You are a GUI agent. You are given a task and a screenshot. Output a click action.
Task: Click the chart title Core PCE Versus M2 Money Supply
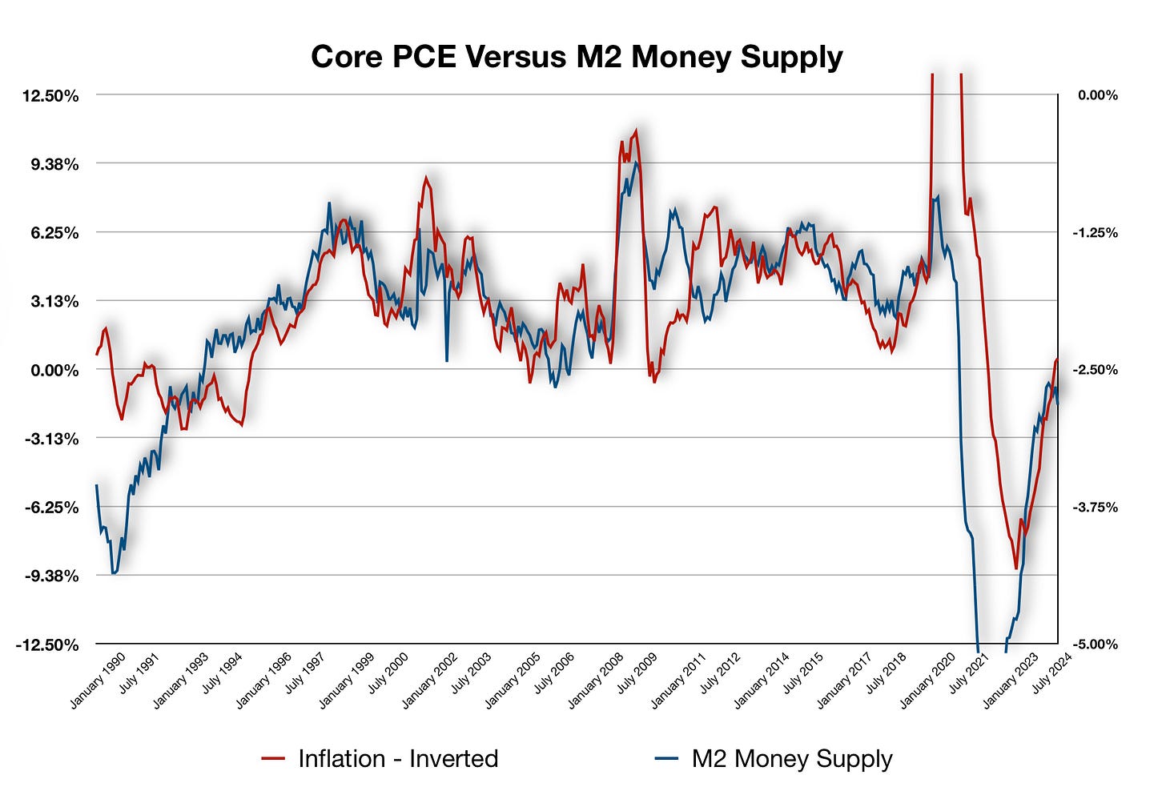tap(577, 58)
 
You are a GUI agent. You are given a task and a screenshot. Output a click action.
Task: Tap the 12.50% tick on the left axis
tap(50, 96)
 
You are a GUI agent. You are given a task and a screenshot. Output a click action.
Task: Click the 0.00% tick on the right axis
tap(1097, 95)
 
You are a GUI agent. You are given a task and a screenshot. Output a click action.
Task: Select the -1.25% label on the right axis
tap(1096, 233)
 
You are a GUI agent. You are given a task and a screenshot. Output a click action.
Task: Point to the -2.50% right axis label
tap(1096, 370)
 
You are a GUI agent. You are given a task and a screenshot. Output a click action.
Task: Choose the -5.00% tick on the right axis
tap(1096, 644)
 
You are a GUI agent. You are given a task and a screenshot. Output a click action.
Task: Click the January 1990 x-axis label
tap(99, 681)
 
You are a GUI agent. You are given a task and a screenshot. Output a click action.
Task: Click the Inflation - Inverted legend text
tap(397, 759)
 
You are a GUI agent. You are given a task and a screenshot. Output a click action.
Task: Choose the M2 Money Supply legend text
tap(791, 759)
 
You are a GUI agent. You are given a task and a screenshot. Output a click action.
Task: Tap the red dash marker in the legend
tap(273, 759)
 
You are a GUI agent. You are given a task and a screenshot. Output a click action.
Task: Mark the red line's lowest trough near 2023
tap(1015, 568)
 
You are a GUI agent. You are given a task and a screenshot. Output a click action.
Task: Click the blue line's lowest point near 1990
tap(113, 573)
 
